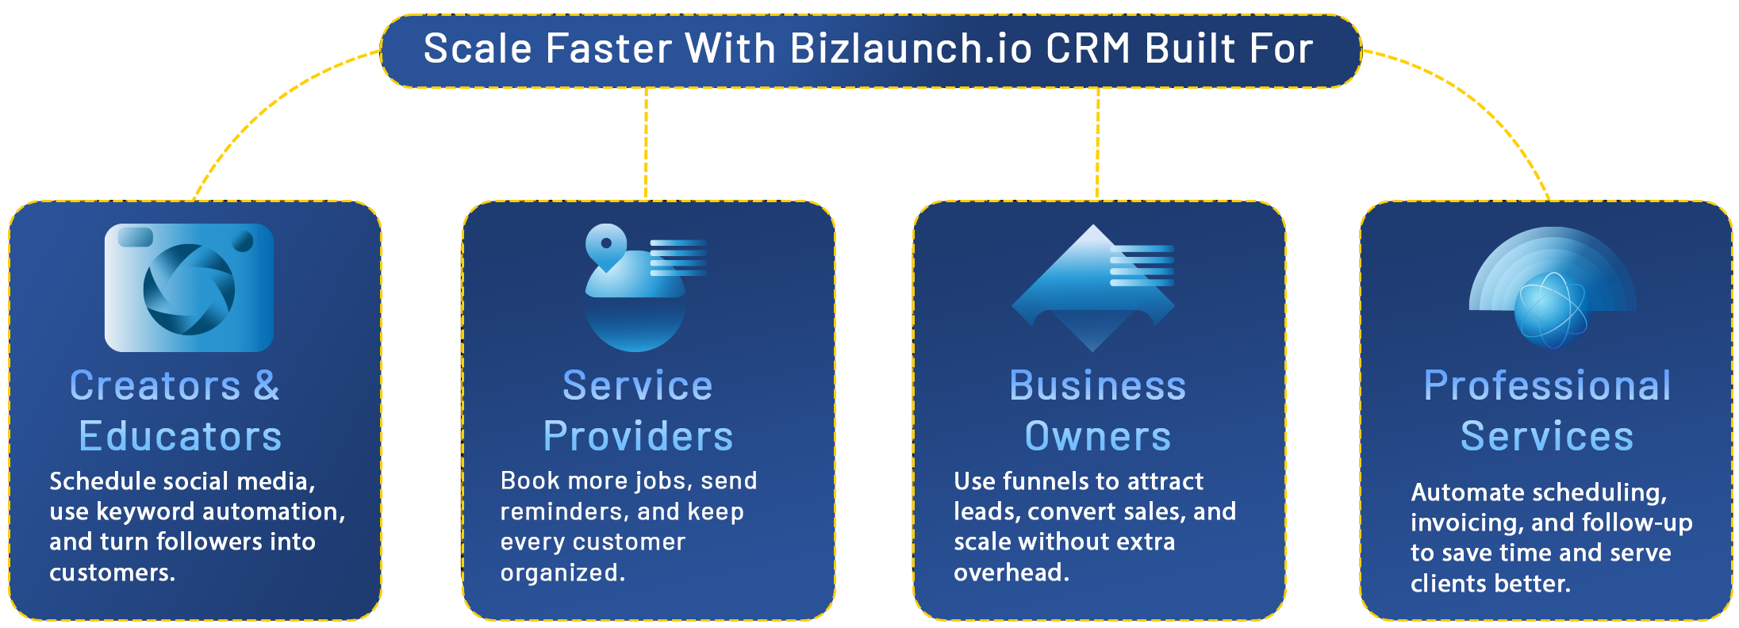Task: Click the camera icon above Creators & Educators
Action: click(189, 287)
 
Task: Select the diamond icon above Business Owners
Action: click(1093, 288)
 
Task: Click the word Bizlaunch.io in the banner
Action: click(912, 48)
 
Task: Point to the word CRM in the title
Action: click(1088, 48)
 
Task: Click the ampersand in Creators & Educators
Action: click(267, 385)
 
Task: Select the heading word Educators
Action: click(180, 436)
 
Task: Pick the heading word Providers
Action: click(638, 436)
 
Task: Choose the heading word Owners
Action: click(1098, 436)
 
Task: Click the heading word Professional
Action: click(1547, 385)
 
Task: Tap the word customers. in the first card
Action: click(112, 572)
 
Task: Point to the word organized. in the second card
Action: click(562, 572)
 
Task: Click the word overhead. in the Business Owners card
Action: click(1012, 572)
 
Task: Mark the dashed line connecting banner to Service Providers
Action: click(646, 144)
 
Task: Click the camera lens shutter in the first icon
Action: click(189, 289)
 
